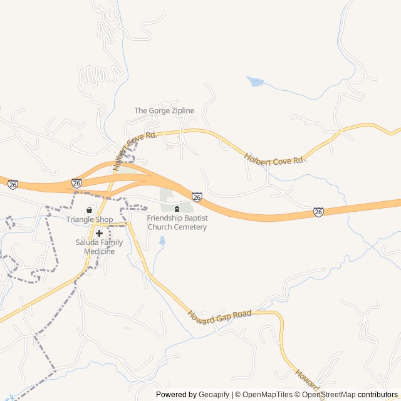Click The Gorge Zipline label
tap(164, 111)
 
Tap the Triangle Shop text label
tap(90, 220)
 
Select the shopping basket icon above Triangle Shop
tap(89, 210)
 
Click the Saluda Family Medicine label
tap(99, 247)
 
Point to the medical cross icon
tap(99, 233)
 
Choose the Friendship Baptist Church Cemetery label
tap(177, 222)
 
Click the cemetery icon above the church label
tap(177, 209)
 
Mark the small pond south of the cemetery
tap(162, 240)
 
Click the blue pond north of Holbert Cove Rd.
tap(255, 81)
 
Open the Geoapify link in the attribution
tap(214, 395)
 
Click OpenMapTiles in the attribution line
tap(267, 395)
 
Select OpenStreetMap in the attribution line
tap(329, 395)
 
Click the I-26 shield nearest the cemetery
tap(197, 197)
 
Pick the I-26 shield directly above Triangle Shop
tap(76, 183)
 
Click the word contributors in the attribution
tap(378, 395)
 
